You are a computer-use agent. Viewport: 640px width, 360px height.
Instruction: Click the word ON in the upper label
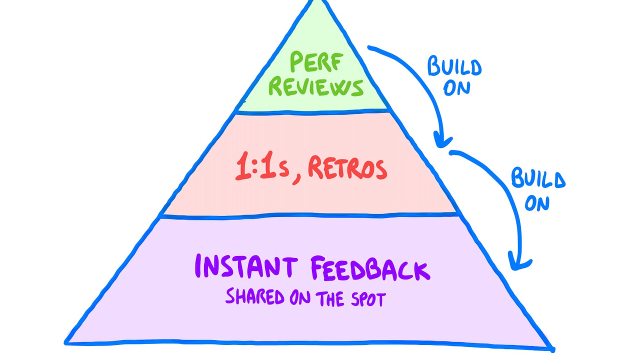coord(456,88)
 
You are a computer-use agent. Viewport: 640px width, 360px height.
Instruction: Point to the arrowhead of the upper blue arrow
coord(440,140)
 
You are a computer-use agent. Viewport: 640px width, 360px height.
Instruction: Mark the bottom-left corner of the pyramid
coord(66,342)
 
